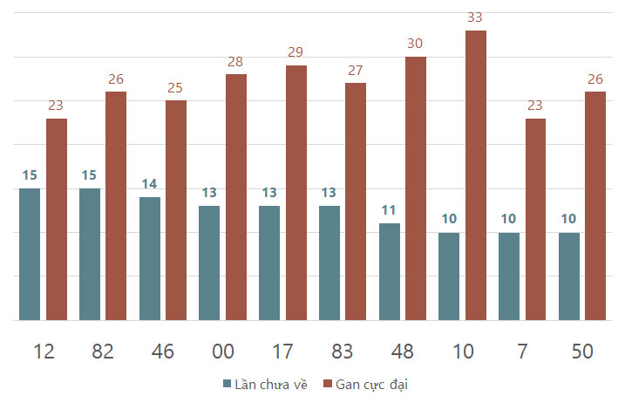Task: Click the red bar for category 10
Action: click(x=476, y=175)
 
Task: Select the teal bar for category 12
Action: click(x=30, y=254)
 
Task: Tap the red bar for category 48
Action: click(x=416, y=188)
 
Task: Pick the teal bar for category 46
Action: click(x=150, y=258)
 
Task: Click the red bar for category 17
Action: click(x=296, y=193)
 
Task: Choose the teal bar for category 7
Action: click(x=509, y=277)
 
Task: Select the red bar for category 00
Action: click(x=236, y=197)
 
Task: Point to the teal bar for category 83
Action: click(x=329, y=263)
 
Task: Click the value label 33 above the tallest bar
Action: click(x=475, y=17)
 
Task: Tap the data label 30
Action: click(x=415, y=43)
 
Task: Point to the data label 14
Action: click(x=149, y=184)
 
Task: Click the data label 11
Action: click(x=389, y=210)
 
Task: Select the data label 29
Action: click(x=296, y=51)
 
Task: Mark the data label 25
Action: click(x=175, y=88)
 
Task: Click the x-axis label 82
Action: click(x=103, y=352)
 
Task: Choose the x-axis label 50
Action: click(x=582, y=352)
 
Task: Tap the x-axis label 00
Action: click(x=223, y=352)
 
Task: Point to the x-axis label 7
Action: click(x=522, y=352)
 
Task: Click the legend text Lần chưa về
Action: click(x=271, y=385)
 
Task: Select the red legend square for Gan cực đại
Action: click(x=328, y=384)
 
